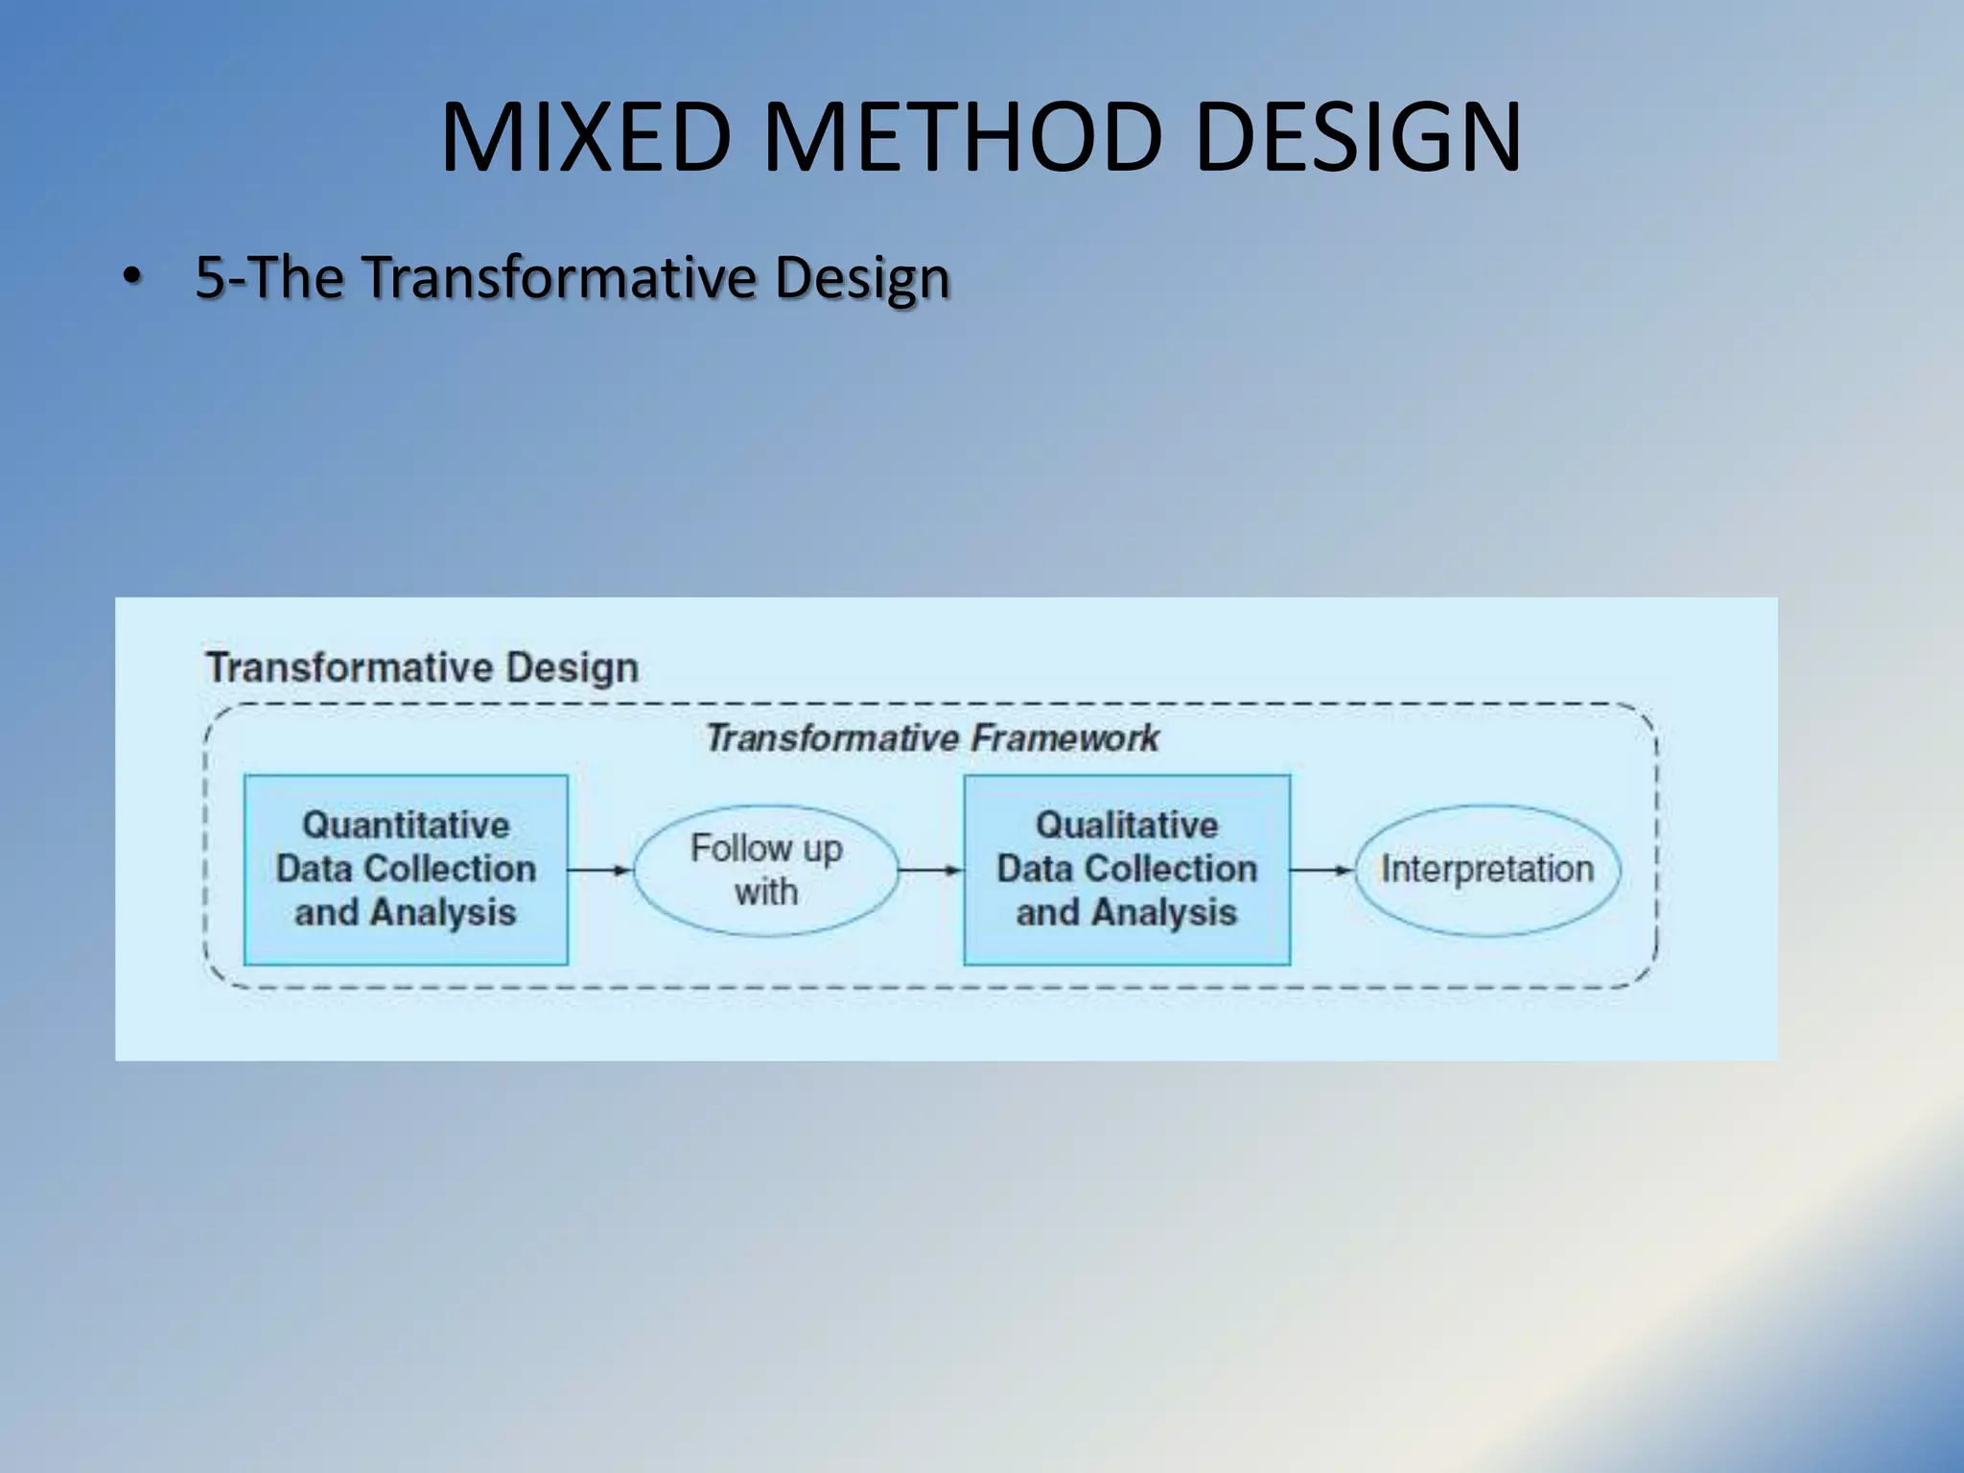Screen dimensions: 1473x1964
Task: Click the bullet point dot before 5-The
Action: pos(131,279)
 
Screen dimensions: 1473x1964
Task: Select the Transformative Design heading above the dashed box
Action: pos(422,667)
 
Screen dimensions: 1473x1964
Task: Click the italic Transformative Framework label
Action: pos(932,738)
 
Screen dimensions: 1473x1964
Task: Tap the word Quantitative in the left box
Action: pos(406,825)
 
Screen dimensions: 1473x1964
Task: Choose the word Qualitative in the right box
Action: pos(1127,825)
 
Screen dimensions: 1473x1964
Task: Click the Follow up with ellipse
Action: pos(766,870)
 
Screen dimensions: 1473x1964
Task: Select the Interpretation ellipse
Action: pos(1486,870)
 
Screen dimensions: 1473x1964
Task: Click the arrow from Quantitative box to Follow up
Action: pos(599,870)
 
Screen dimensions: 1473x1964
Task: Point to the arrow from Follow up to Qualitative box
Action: pos(930,870)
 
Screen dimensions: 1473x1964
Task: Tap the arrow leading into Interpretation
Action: pos(1321,870)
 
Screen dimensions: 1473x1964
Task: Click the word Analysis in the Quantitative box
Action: pos(443,912)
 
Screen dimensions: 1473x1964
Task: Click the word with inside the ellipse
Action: pos(766,892)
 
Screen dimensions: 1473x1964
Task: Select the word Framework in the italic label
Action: pos(1064,738)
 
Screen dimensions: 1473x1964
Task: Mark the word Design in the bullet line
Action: pos(862,277)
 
